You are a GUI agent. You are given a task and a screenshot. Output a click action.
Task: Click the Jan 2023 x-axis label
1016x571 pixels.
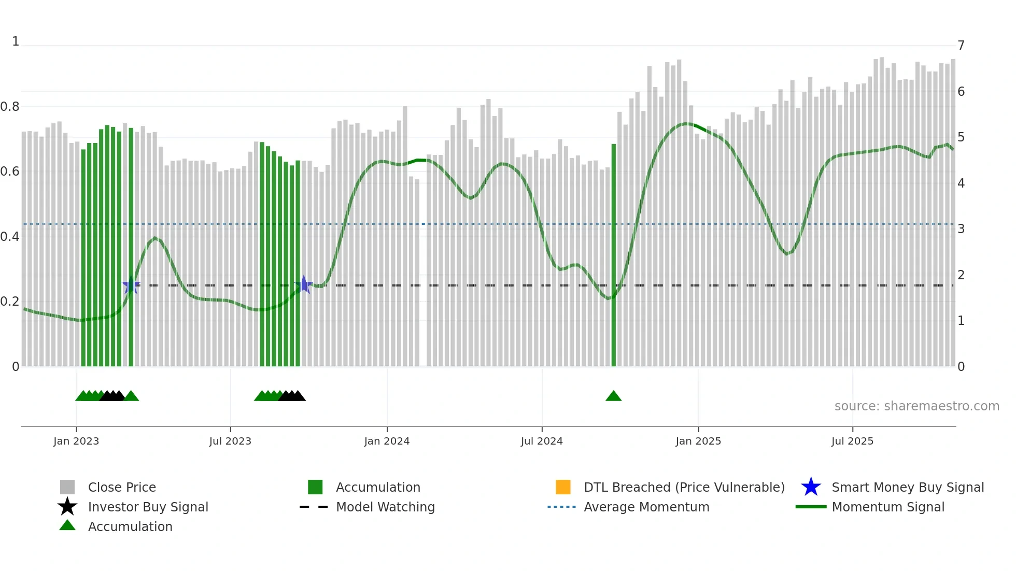[x=76, y=441]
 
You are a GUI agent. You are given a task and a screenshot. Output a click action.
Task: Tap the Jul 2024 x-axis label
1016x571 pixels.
[x=542, y=441]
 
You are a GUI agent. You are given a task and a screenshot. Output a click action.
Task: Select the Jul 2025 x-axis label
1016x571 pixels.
[x=852, y=441]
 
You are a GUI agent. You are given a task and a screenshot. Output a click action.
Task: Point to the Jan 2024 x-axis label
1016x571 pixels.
[x=387, y=441]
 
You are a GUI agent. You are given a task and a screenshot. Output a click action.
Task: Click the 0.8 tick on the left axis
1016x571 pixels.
[x=10, y=107]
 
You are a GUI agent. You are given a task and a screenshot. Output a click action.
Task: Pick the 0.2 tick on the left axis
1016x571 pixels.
[x=10, y=302]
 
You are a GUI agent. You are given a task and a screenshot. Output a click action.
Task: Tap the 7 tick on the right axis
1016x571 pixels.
[x=961, y=46]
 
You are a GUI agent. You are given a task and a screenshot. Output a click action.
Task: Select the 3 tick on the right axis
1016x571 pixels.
[x=961, y=229]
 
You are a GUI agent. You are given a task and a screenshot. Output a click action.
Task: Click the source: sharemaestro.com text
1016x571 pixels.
[x=916, y=406]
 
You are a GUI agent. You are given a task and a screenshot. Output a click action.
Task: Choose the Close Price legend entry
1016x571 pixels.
[x=122, y=487]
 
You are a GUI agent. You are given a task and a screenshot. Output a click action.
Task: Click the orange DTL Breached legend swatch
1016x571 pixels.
[x=563, y=487]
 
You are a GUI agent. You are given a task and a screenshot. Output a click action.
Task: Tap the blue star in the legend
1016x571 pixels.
[x=811, y=487]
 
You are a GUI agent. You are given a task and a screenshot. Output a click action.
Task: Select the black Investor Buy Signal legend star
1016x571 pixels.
[x=67, y=507]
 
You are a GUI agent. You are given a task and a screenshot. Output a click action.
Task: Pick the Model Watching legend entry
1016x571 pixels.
[x=385, y=507]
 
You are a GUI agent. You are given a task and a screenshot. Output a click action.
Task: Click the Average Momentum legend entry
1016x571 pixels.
[x=646, y=507]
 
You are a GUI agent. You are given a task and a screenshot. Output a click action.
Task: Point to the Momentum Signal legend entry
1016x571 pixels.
[x=888, y=507]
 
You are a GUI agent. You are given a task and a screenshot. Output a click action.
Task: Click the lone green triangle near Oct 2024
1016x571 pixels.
[x=613, y=396]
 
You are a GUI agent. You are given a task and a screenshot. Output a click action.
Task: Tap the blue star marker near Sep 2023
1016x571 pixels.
[x=304, y=284]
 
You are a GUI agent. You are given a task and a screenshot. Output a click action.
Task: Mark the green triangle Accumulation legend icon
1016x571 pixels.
[x=67, y=525]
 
